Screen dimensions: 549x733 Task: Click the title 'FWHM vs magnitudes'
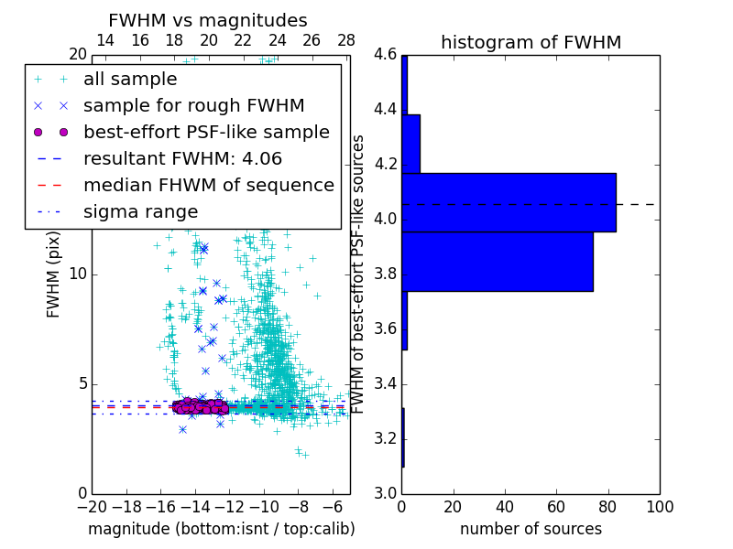[208, 20]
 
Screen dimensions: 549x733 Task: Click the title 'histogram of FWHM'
[531, 42]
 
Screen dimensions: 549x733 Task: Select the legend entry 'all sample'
[130, 80]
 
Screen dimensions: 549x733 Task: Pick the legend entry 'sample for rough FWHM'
[193, 106]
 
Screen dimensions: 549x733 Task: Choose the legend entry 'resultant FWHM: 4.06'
[182, 159]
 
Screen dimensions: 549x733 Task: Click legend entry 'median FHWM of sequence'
[208, 186]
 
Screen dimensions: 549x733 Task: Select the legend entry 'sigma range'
[140, 212]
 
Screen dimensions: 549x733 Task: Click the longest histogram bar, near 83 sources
[509, 202]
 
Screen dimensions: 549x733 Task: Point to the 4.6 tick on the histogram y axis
[384, 55]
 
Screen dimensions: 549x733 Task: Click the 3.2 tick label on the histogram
[384, 438]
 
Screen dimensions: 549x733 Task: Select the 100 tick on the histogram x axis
[659, 506]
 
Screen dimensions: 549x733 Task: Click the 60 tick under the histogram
[556, 506]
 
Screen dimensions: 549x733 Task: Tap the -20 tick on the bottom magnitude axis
[92, 506]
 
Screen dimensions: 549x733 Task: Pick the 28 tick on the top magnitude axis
[346, 40]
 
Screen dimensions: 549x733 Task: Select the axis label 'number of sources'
[531, 529]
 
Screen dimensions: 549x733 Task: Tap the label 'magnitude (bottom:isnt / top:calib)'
[221, 529]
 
